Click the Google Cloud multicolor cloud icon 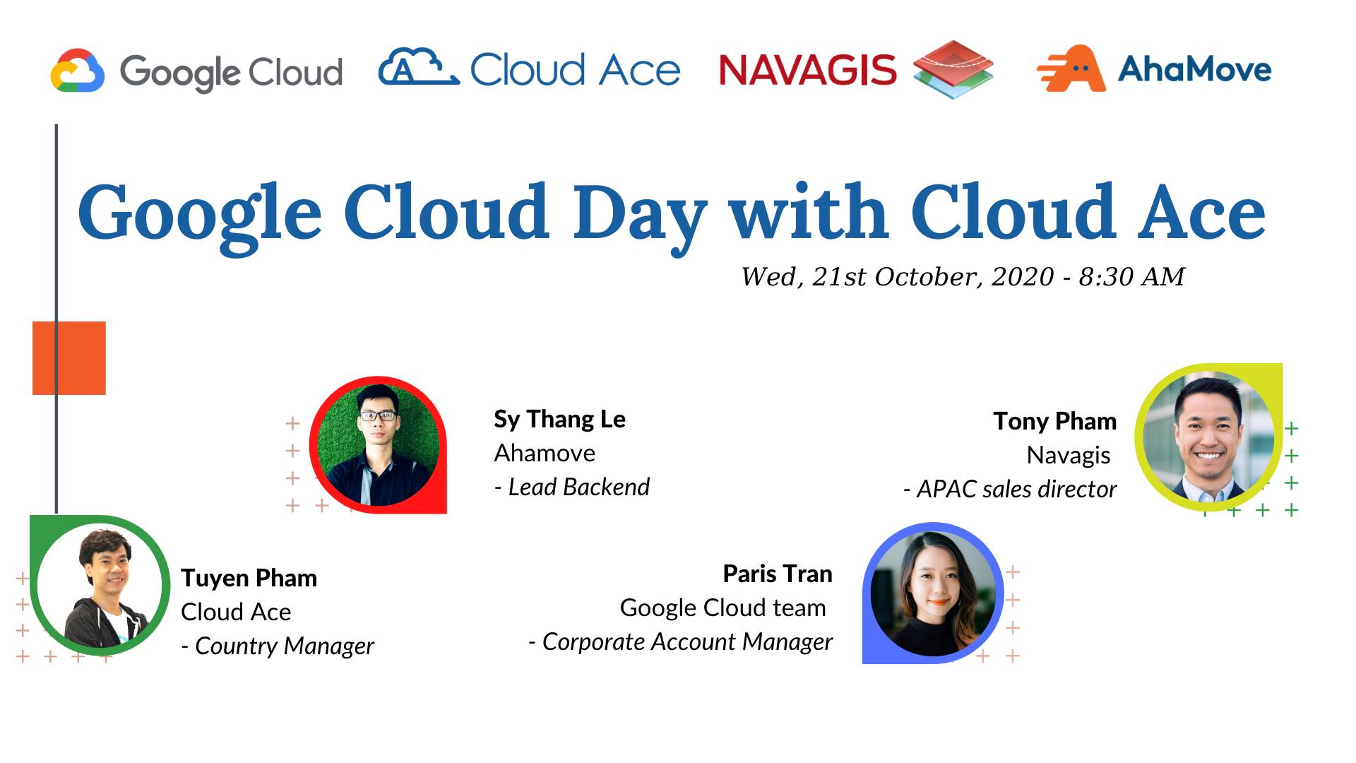coord(78,71)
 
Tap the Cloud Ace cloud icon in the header coord(418,68)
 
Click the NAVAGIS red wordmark coord(807,70)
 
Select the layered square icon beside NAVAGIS coord(953,69)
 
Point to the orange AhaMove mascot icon coord(1071,69)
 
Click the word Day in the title coord(639,212)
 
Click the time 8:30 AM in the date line coord(1131,276)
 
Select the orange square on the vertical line coord(69,358)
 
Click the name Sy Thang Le coord(559,419)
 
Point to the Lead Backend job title coord(578,487)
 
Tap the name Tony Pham coord(1054,421)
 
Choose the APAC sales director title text coord(1016,489)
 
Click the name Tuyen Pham coord(249,578)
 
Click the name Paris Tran coord(777,574)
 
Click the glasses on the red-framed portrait coord(378,415)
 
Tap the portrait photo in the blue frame coord(932,593)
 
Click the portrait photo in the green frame coord(100,586)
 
